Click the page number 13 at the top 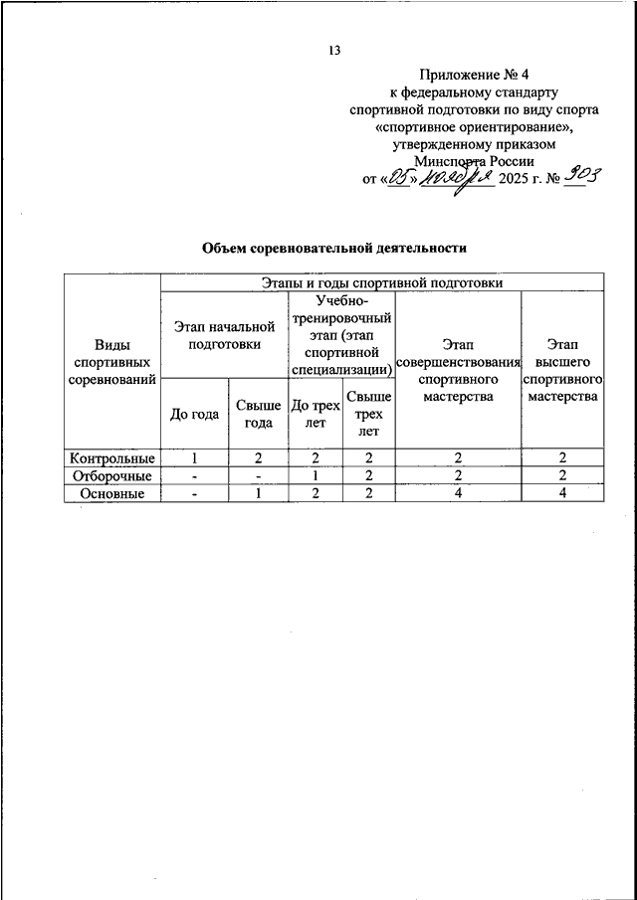click(x=333, y=52)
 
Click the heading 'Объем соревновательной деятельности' click(x=333, y=248)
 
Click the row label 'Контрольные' click(x=111, y=458)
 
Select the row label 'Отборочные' click(x=111, y=475)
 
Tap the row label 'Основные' click(x=111, y=493)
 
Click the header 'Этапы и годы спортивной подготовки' click(x=381, y=282)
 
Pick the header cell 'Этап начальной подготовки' click(x=224, y=335)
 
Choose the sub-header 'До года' click(x=195, y=414)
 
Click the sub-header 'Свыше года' click(x=258, y=414)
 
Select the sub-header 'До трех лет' click(x=315, y=414)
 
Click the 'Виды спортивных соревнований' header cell click(x=111, y=362)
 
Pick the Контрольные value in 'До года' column click(x=195, y=458)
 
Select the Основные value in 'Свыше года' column click(x=258, y=493)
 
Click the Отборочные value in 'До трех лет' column click(x=315, y=475)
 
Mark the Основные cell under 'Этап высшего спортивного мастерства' click(x=562, y=493)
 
